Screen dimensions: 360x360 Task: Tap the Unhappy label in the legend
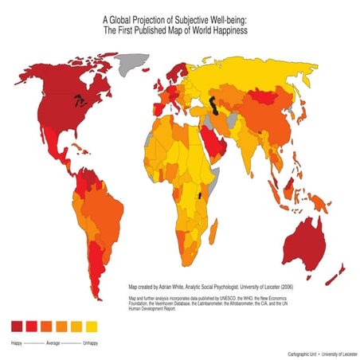point(90,342)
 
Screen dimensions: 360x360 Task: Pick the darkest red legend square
point(15,327)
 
